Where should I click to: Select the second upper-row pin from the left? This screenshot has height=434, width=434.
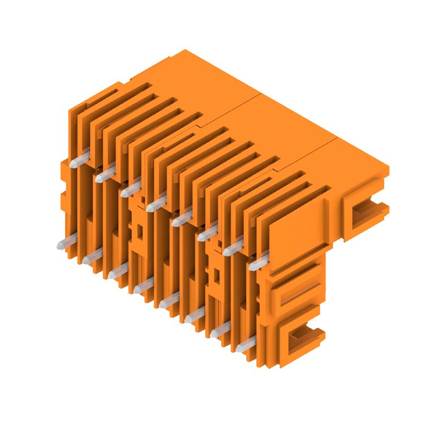click(x=105, y=174)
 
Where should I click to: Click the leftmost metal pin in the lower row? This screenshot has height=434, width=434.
click(x=66, y=242)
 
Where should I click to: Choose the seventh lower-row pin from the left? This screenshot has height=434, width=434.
click(x=220, y=329)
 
